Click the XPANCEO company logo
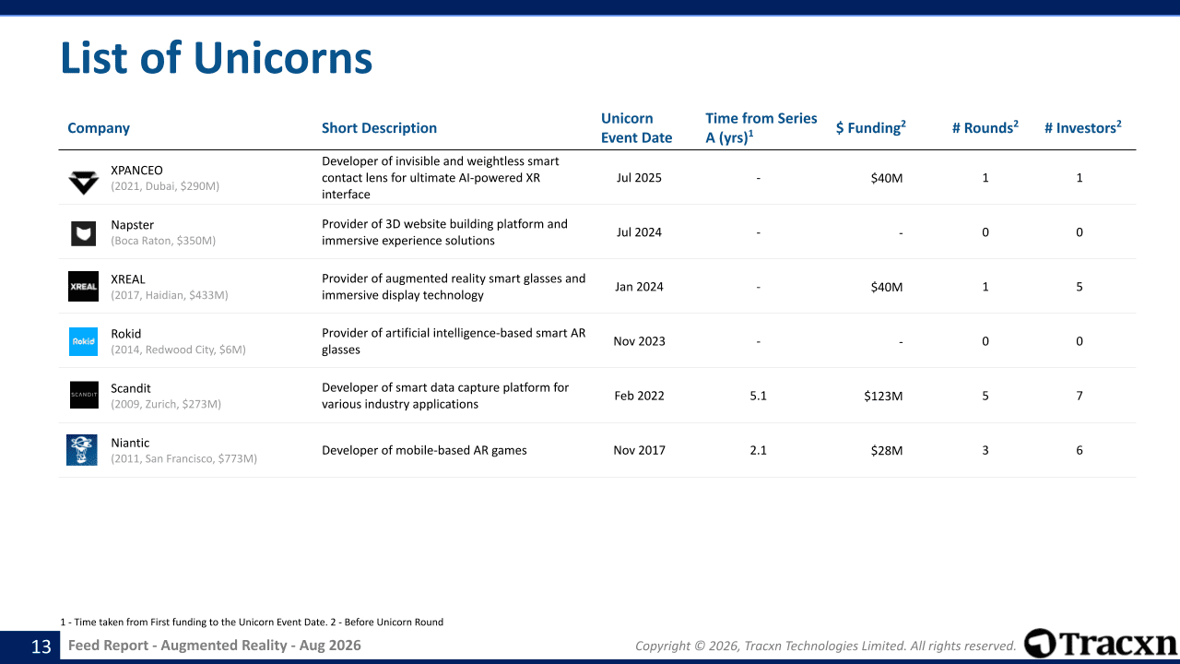pyautogui.click(x=83, y=183)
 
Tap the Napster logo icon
pyautogui.click(x=83, y=233)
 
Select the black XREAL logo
pyautogui.click(x=83, y=286)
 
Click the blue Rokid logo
pyautogui.click(x=83, y=341)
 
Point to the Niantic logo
pyautogui.click(x=82, y=450)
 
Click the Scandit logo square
pyautogui.click(x=84, y=395)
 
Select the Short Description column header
pyautogui.click(x=379, y=128)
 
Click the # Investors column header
pyautogui.click(x=1083, y=127)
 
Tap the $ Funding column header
pyautogui.click(x=871, y=127)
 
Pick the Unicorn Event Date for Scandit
pyautogui.click(x=639, y=396)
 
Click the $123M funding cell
pyautogui.click(x=883, y=396)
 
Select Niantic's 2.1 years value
pyautogui.click(x=758, y=450)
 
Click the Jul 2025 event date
pyautogui.click(x=639, y=178)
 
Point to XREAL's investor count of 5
pyautogui.click(x=1080, y=287)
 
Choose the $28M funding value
pyautogui.click(x=887, y=451)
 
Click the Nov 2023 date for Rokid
pyautogui.click(x=639, y=341)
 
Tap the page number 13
pyautogui.click(x=41, y=646)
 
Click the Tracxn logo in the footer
pyautogui.click(x=1101, y=644)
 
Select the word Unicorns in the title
pyautogui.click(x=283, y=57)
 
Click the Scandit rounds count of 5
pyautogui.click(x=985, y=396)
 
